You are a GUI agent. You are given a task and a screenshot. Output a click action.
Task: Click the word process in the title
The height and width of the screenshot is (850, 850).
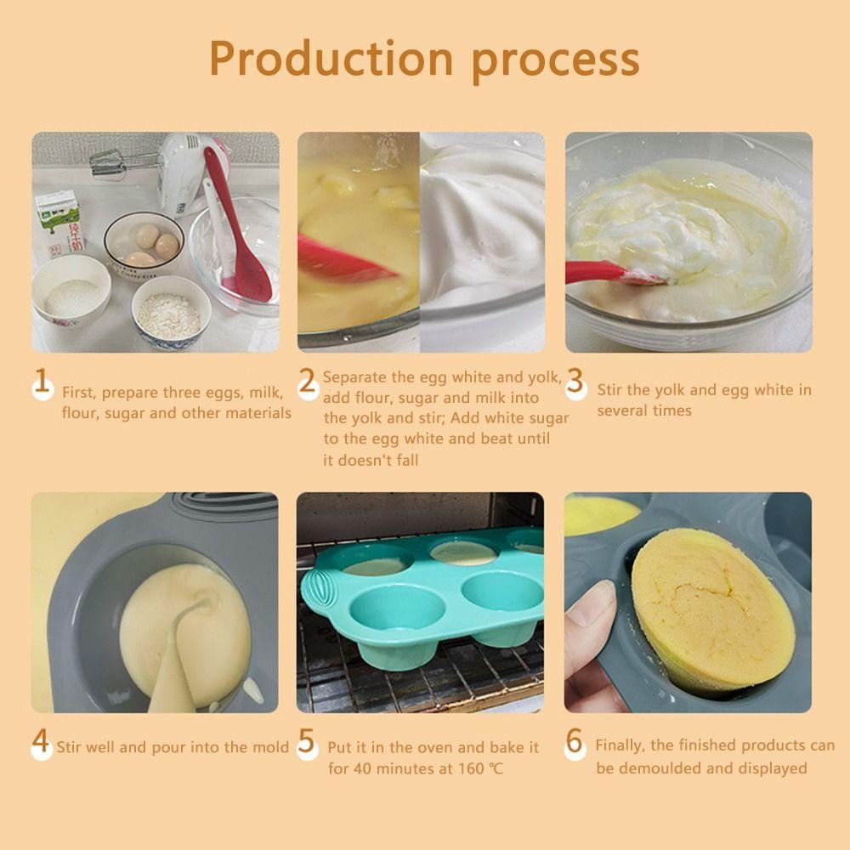coord(556,59)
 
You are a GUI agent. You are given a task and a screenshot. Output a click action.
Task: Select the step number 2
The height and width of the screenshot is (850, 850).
coord(308,383)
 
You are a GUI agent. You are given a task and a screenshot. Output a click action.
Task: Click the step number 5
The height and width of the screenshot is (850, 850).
coord(308,743)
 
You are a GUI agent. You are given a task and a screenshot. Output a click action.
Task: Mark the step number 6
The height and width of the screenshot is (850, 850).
coord(575,743)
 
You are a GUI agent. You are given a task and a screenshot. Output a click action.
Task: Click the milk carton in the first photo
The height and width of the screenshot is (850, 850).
coord(58,223)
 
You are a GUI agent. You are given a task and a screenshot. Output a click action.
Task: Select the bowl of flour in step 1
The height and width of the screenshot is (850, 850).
coord(171,314)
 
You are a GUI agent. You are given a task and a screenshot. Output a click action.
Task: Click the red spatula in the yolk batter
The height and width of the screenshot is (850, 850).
coord(340,260)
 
